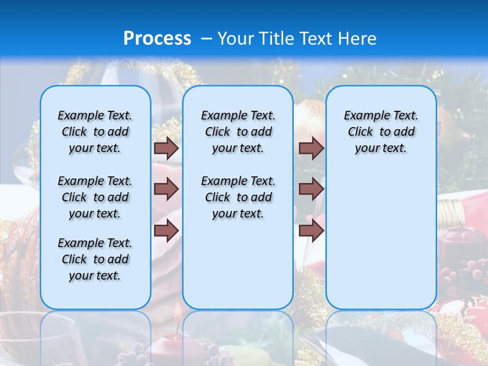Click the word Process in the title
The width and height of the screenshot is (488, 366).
(x=157, y=38)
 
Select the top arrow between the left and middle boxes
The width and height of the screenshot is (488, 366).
(x=166, y=148)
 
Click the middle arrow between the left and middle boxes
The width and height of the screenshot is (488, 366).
(x=166, y=189)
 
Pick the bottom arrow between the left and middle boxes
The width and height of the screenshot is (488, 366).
(x=166, y=230)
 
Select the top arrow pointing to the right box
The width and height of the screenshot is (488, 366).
(x=311, y=148)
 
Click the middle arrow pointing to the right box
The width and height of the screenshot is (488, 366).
(x=311, y=189)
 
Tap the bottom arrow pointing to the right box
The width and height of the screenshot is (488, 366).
(x=311, y=230)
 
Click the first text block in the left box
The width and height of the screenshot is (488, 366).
(x=95, y=132)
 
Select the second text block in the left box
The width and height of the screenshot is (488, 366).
(x=95, y=197)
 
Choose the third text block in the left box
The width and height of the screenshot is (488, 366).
(x=95, y=259)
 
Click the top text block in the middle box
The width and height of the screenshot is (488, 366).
(x=238, y=132)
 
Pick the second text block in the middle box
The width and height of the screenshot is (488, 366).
(x=238, y=197)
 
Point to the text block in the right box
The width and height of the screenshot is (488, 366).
(x=381, y=132)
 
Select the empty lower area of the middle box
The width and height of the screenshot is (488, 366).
(x=238, y=264)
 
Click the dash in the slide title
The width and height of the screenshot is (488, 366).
(x=206, y=39)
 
